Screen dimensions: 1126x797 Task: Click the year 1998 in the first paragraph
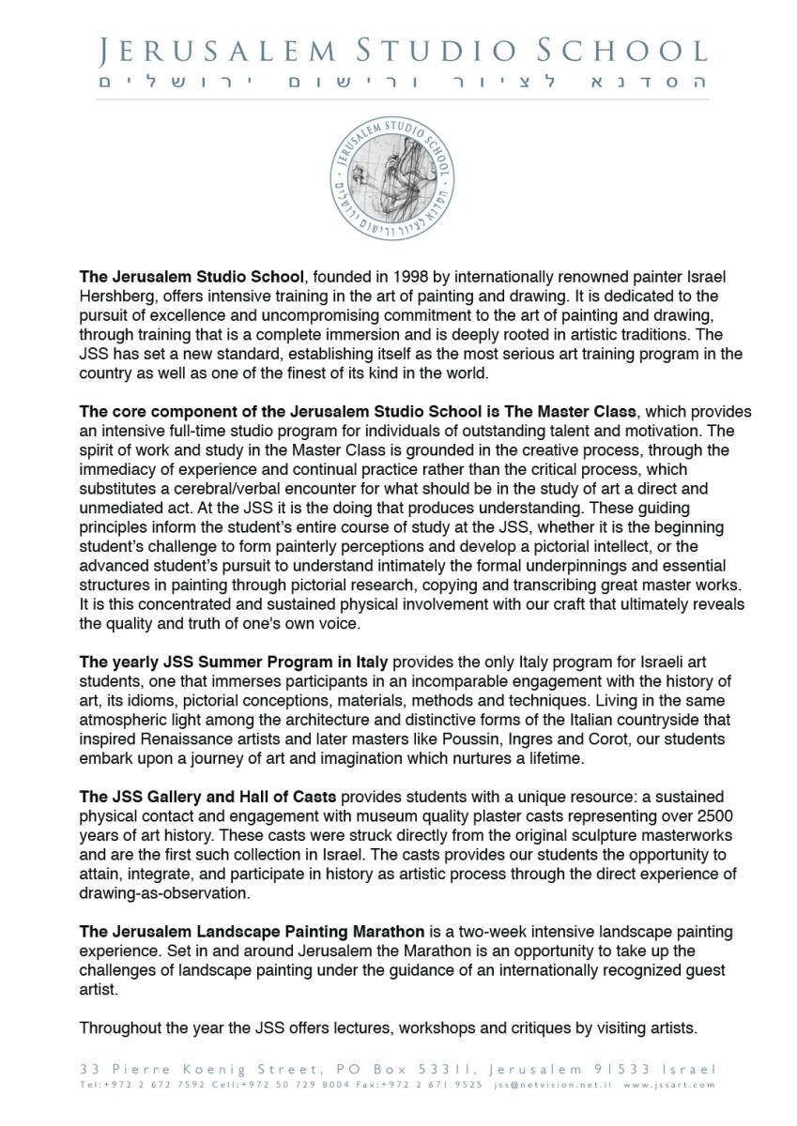pos(414,278)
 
